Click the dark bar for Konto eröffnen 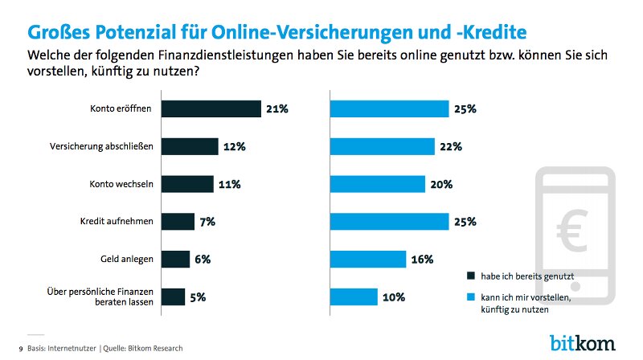(x=212, y=108)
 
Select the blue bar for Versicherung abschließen (x=382, y=146)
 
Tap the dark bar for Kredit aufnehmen (x=178, y=222)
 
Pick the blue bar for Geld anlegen (x=367, y=259)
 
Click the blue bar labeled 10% (x=354, y=297)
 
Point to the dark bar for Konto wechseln (x=188, y=184)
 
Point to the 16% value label (x=422, y=259)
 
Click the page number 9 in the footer (x=21, y=348)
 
